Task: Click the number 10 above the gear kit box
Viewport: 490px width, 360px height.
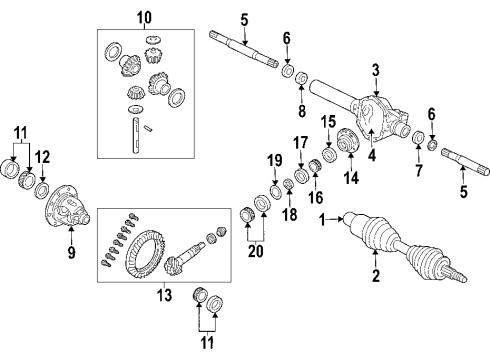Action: point(145,17)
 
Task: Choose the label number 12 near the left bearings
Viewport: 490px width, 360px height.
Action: point(42,158)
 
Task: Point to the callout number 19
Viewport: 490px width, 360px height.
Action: point(276,160)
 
